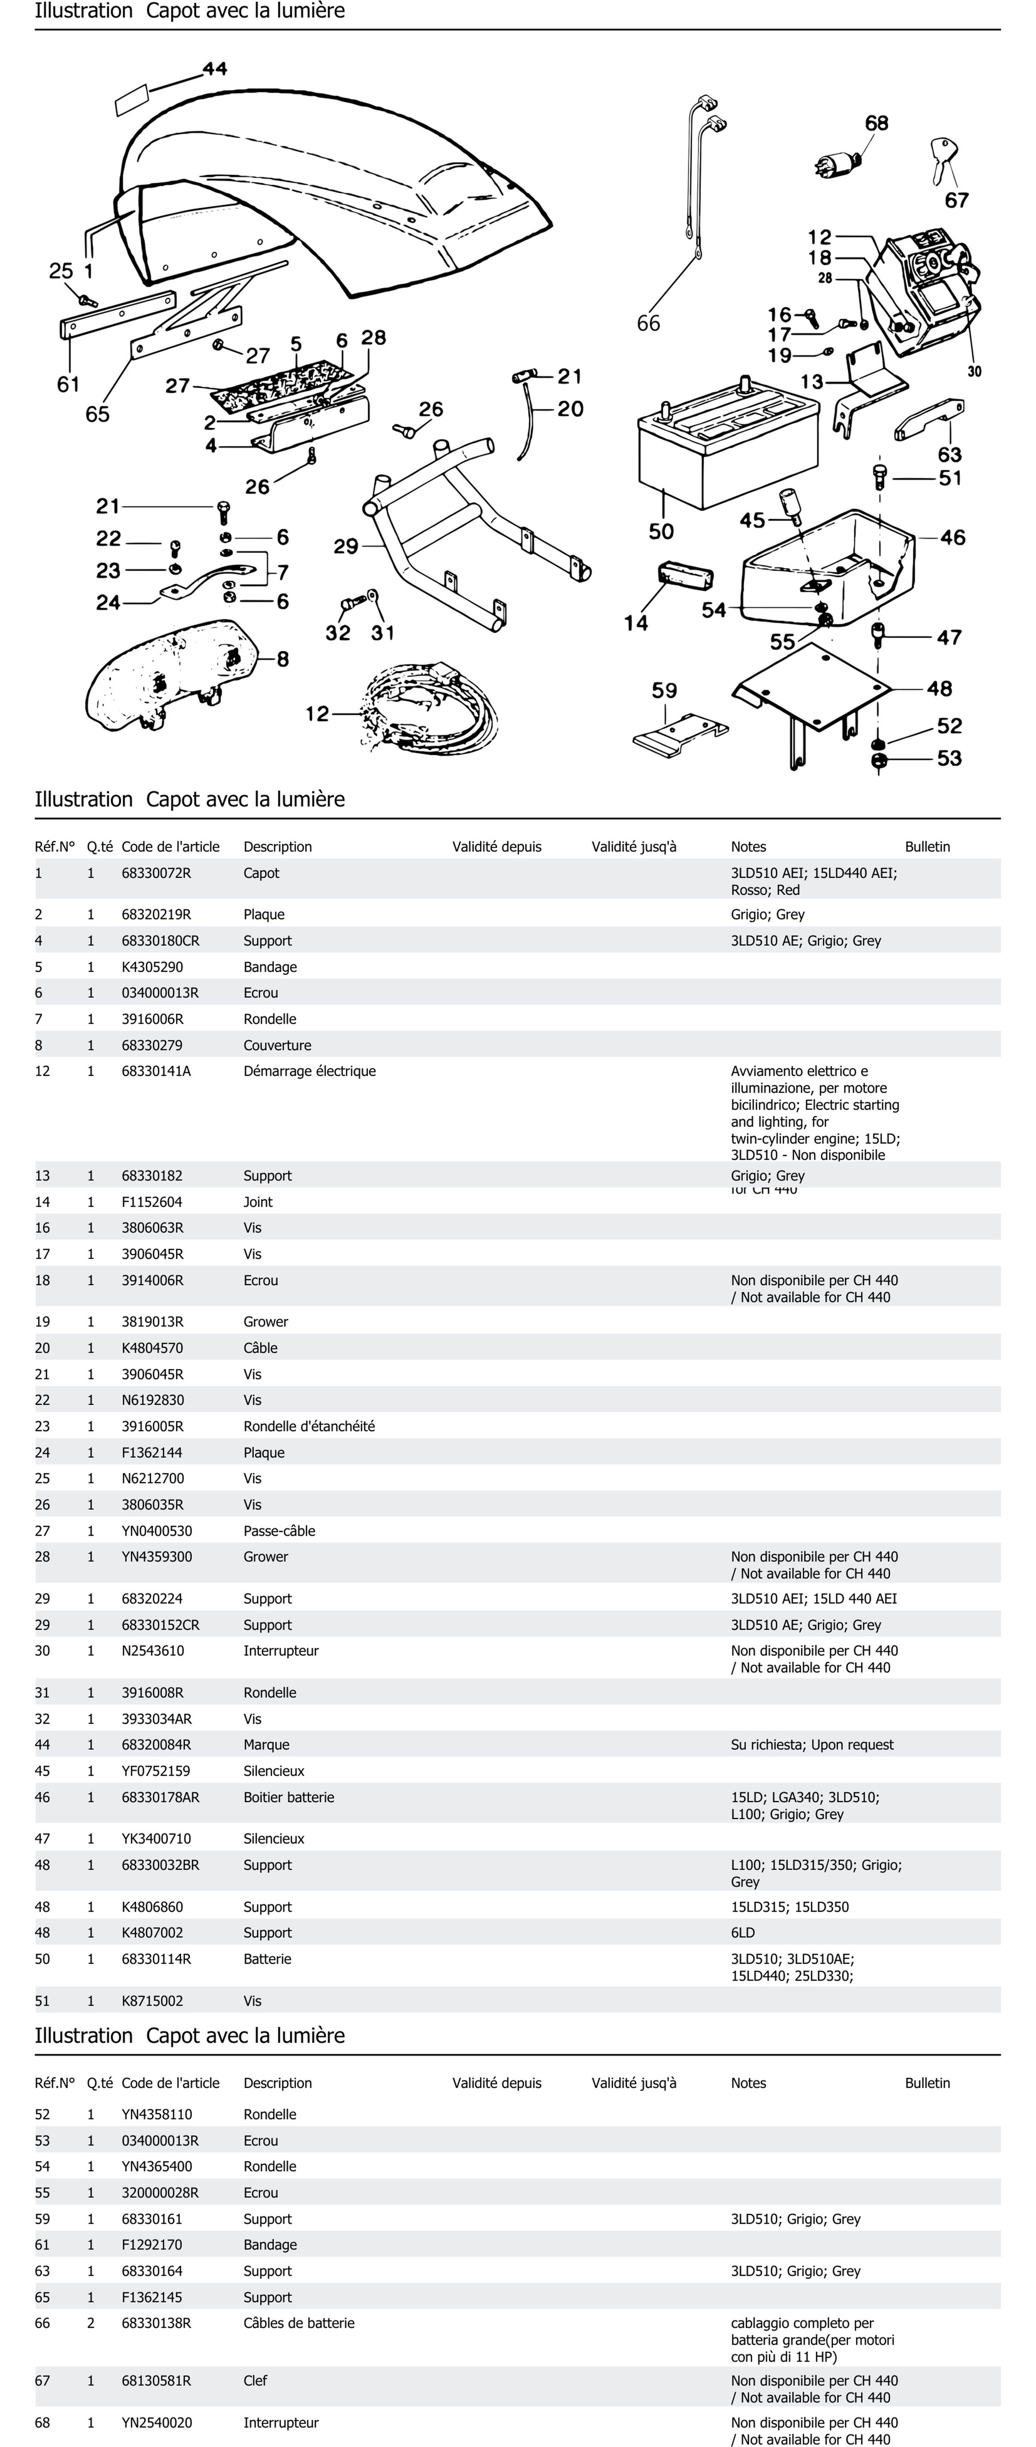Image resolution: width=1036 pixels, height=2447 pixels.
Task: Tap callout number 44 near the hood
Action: pyautogui.click(x=215, y=68)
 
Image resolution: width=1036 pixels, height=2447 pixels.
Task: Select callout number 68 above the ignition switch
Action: pyautogui.click(x=876, y=123)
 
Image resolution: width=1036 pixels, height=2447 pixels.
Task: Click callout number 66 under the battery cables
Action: pyautogui.click(x=648, y=324)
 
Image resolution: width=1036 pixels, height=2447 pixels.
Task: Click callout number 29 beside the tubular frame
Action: pyautogui.click(x=346, y=546)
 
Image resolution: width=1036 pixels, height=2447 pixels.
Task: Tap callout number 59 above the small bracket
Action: pyautogui.click(x=664, y=691)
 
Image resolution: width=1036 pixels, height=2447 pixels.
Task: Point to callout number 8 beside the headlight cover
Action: pyautogui.click(x=283, y=659)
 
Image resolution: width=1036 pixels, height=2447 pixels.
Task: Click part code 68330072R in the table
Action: pyautogui.click(x=156, y=873)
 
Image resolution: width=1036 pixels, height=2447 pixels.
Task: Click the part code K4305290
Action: pyautogui.click(x=152, y=967)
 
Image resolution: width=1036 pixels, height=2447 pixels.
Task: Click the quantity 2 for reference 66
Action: pyautogui.click(x=91, y=2324)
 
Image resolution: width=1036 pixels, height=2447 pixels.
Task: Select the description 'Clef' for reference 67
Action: pyautogui.click(x=255, y=2381)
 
